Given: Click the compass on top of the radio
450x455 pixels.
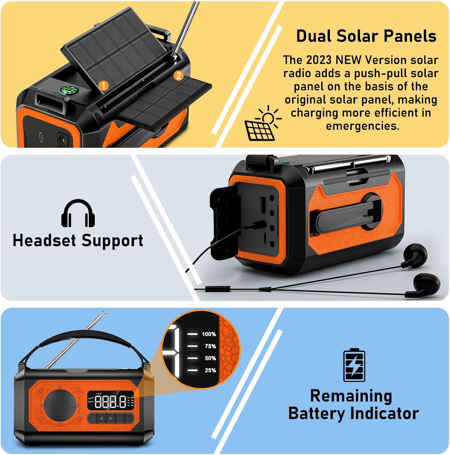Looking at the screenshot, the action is [x=68, y=90].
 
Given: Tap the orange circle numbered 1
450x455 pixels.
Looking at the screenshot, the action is [x=103, y=86].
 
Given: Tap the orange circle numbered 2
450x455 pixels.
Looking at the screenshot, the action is [x=179, y=76].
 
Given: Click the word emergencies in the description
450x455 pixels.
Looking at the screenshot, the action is [x=363, y=126].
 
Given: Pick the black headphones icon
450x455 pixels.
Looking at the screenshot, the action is [x=78, y=213].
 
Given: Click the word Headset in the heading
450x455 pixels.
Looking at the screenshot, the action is [x=44, y=240].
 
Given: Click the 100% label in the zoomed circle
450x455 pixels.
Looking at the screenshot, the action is [x=209, y=334].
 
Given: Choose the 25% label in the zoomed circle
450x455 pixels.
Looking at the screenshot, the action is [x=210, y=370].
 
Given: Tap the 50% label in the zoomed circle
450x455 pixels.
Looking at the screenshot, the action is [x=210, y=358].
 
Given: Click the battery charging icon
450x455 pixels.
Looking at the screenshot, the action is [x=354, y=365].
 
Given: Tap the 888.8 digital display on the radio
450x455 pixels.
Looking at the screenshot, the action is [x=111, y=402].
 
